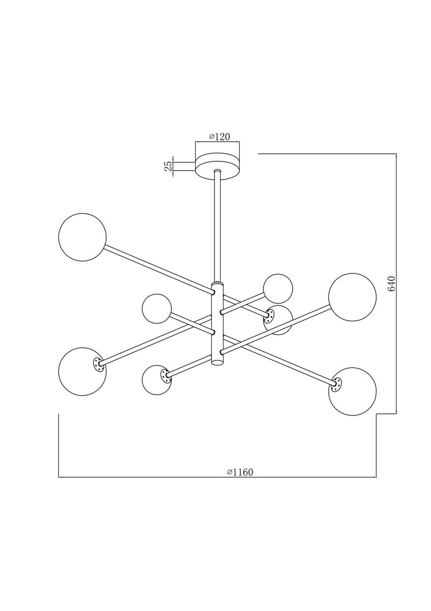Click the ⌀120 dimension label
220,137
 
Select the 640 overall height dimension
391,284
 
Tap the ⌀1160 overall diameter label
239,472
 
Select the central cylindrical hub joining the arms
218,323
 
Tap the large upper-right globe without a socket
352,297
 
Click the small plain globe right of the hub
278,288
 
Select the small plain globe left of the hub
157,308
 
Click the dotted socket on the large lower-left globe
97,364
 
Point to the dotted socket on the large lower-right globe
335,385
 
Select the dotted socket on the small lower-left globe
165,376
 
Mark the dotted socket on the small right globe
268,317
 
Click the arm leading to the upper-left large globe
158,269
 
